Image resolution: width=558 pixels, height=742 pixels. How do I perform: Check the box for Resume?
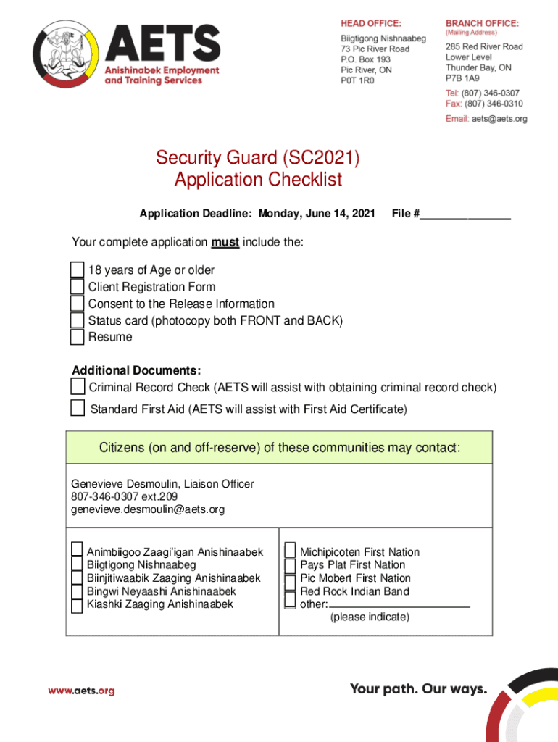[x=77, y=337]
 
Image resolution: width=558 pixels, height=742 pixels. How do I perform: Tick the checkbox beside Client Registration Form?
[x=77, y=287]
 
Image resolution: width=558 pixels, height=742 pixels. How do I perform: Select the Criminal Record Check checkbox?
[x=78, y=386]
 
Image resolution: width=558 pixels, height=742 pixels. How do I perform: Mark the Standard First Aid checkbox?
[x=78, y=408]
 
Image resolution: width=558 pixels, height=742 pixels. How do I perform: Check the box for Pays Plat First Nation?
[x=290, y=565]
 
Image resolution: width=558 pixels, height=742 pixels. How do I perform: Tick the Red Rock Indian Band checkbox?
[x=290, y=591]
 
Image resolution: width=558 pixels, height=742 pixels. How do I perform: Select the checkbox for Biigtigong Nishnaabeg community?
[x=77, y=565]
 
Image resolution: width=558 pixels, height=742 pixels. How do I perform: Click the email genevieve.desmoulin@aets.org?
[x=148, y=509]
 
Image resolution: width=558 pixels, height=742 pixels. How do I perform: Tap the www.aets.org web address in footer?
[x=81, y=691]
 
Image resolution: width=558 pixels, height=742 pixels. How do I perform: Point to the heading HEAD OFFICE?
[x=371, y=23]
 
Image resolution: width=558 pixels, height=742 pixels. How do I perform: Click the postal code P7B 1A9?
[x=462, y=78]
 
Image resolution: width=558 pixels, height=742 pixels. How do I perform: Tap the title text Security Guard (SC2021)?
[x=258, y=158]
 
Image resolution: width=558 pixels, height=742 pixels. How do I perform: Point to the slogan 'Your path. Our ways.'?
[x=418, y=688]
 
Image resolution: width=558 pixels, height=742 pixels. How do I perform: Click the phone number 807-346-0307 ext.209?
[x=119, y=496]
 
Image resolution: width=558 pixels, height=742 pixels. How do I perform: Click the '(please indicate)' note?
[x=370, y=617]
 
